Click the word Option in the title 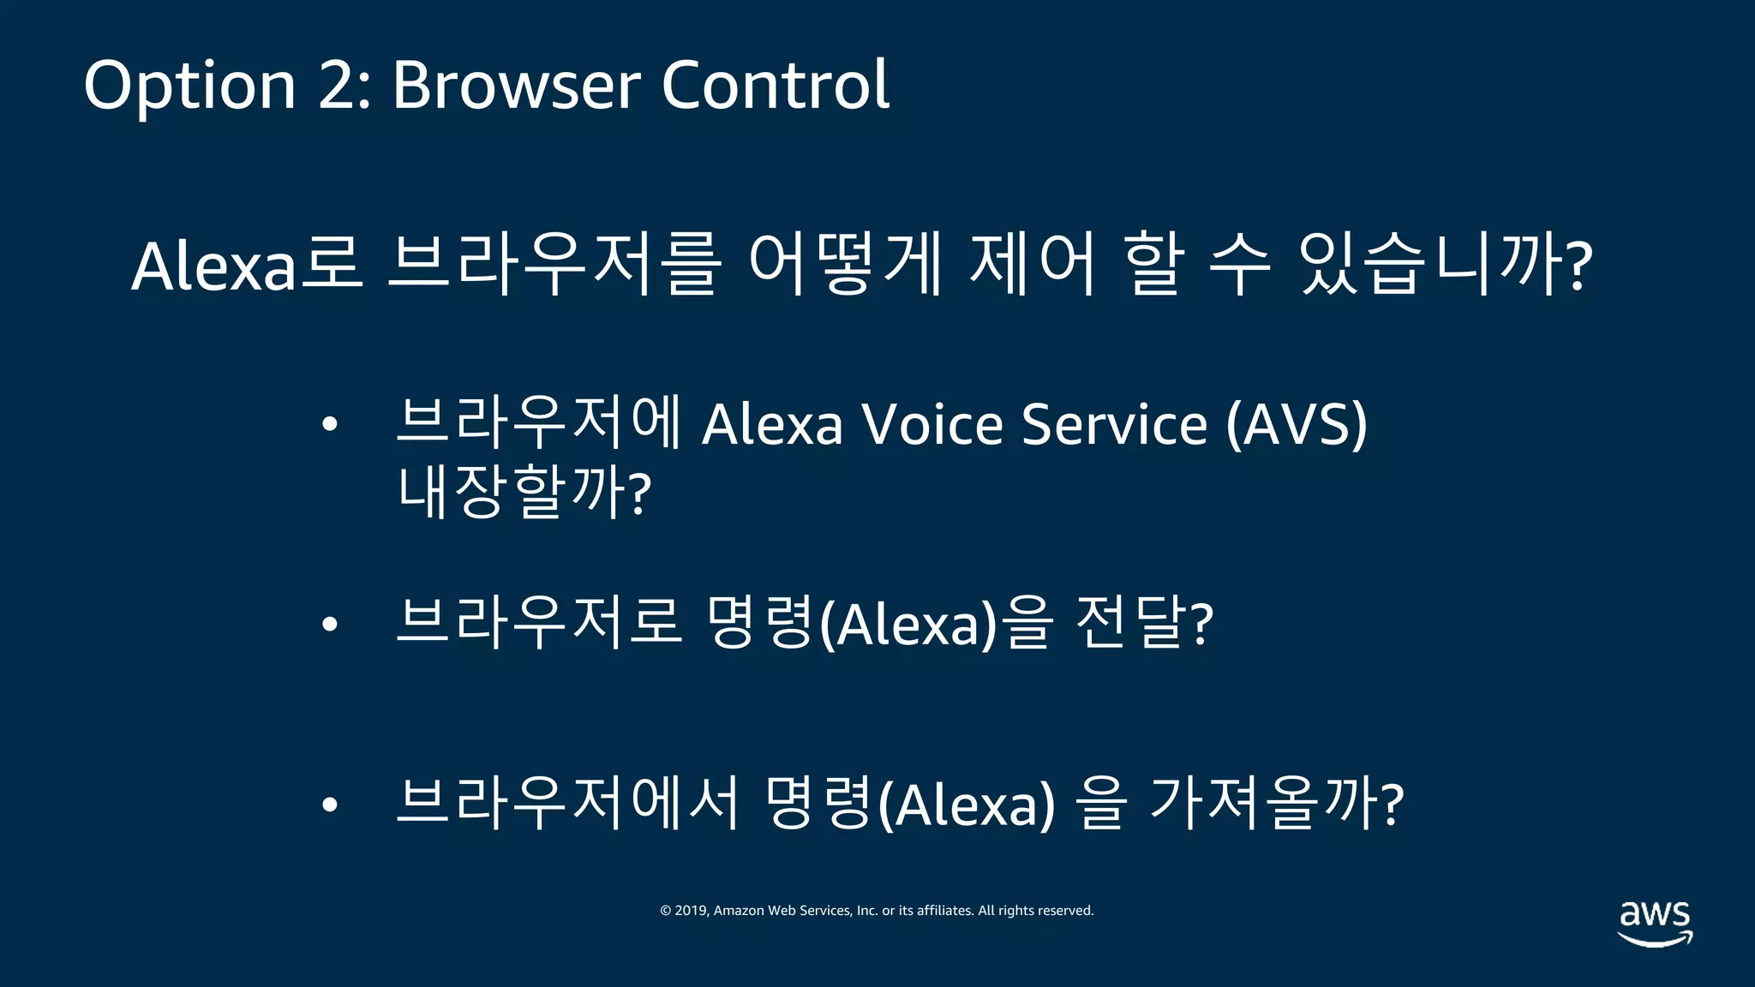[189, 86]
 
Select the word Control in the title [775, 86]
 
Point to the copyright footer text [877, 911]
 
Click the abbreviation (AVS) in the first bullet [1296, 424]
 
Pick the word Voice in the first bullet [932, 424]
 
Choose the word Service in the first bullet [1114, 424]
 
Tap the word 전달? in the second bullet [1144, 623]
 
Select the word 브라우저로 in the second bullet [538, 623]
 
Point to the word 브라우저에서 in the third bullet [566, 803]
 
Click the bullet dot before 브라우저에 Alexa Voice [330, 424]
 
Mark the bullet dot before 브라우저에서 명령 [330, 805]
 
